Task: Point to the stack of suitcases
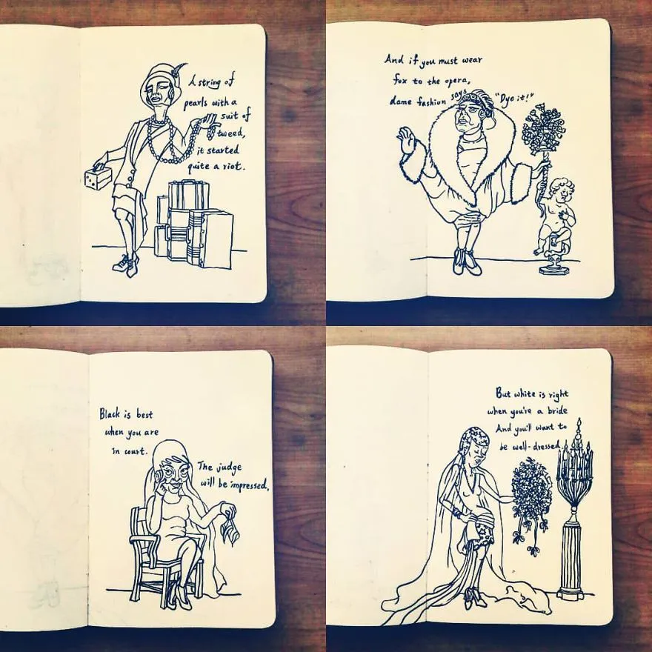click(194, 224)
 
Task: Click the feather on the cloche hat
click(181, 69)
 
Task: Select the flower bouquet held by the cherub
click(543, 130)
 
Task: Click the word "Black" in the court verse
click(110, 413)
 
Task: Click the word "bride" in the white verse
click(556, 410)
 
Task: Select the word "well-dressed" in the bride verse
click(535, 447)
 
